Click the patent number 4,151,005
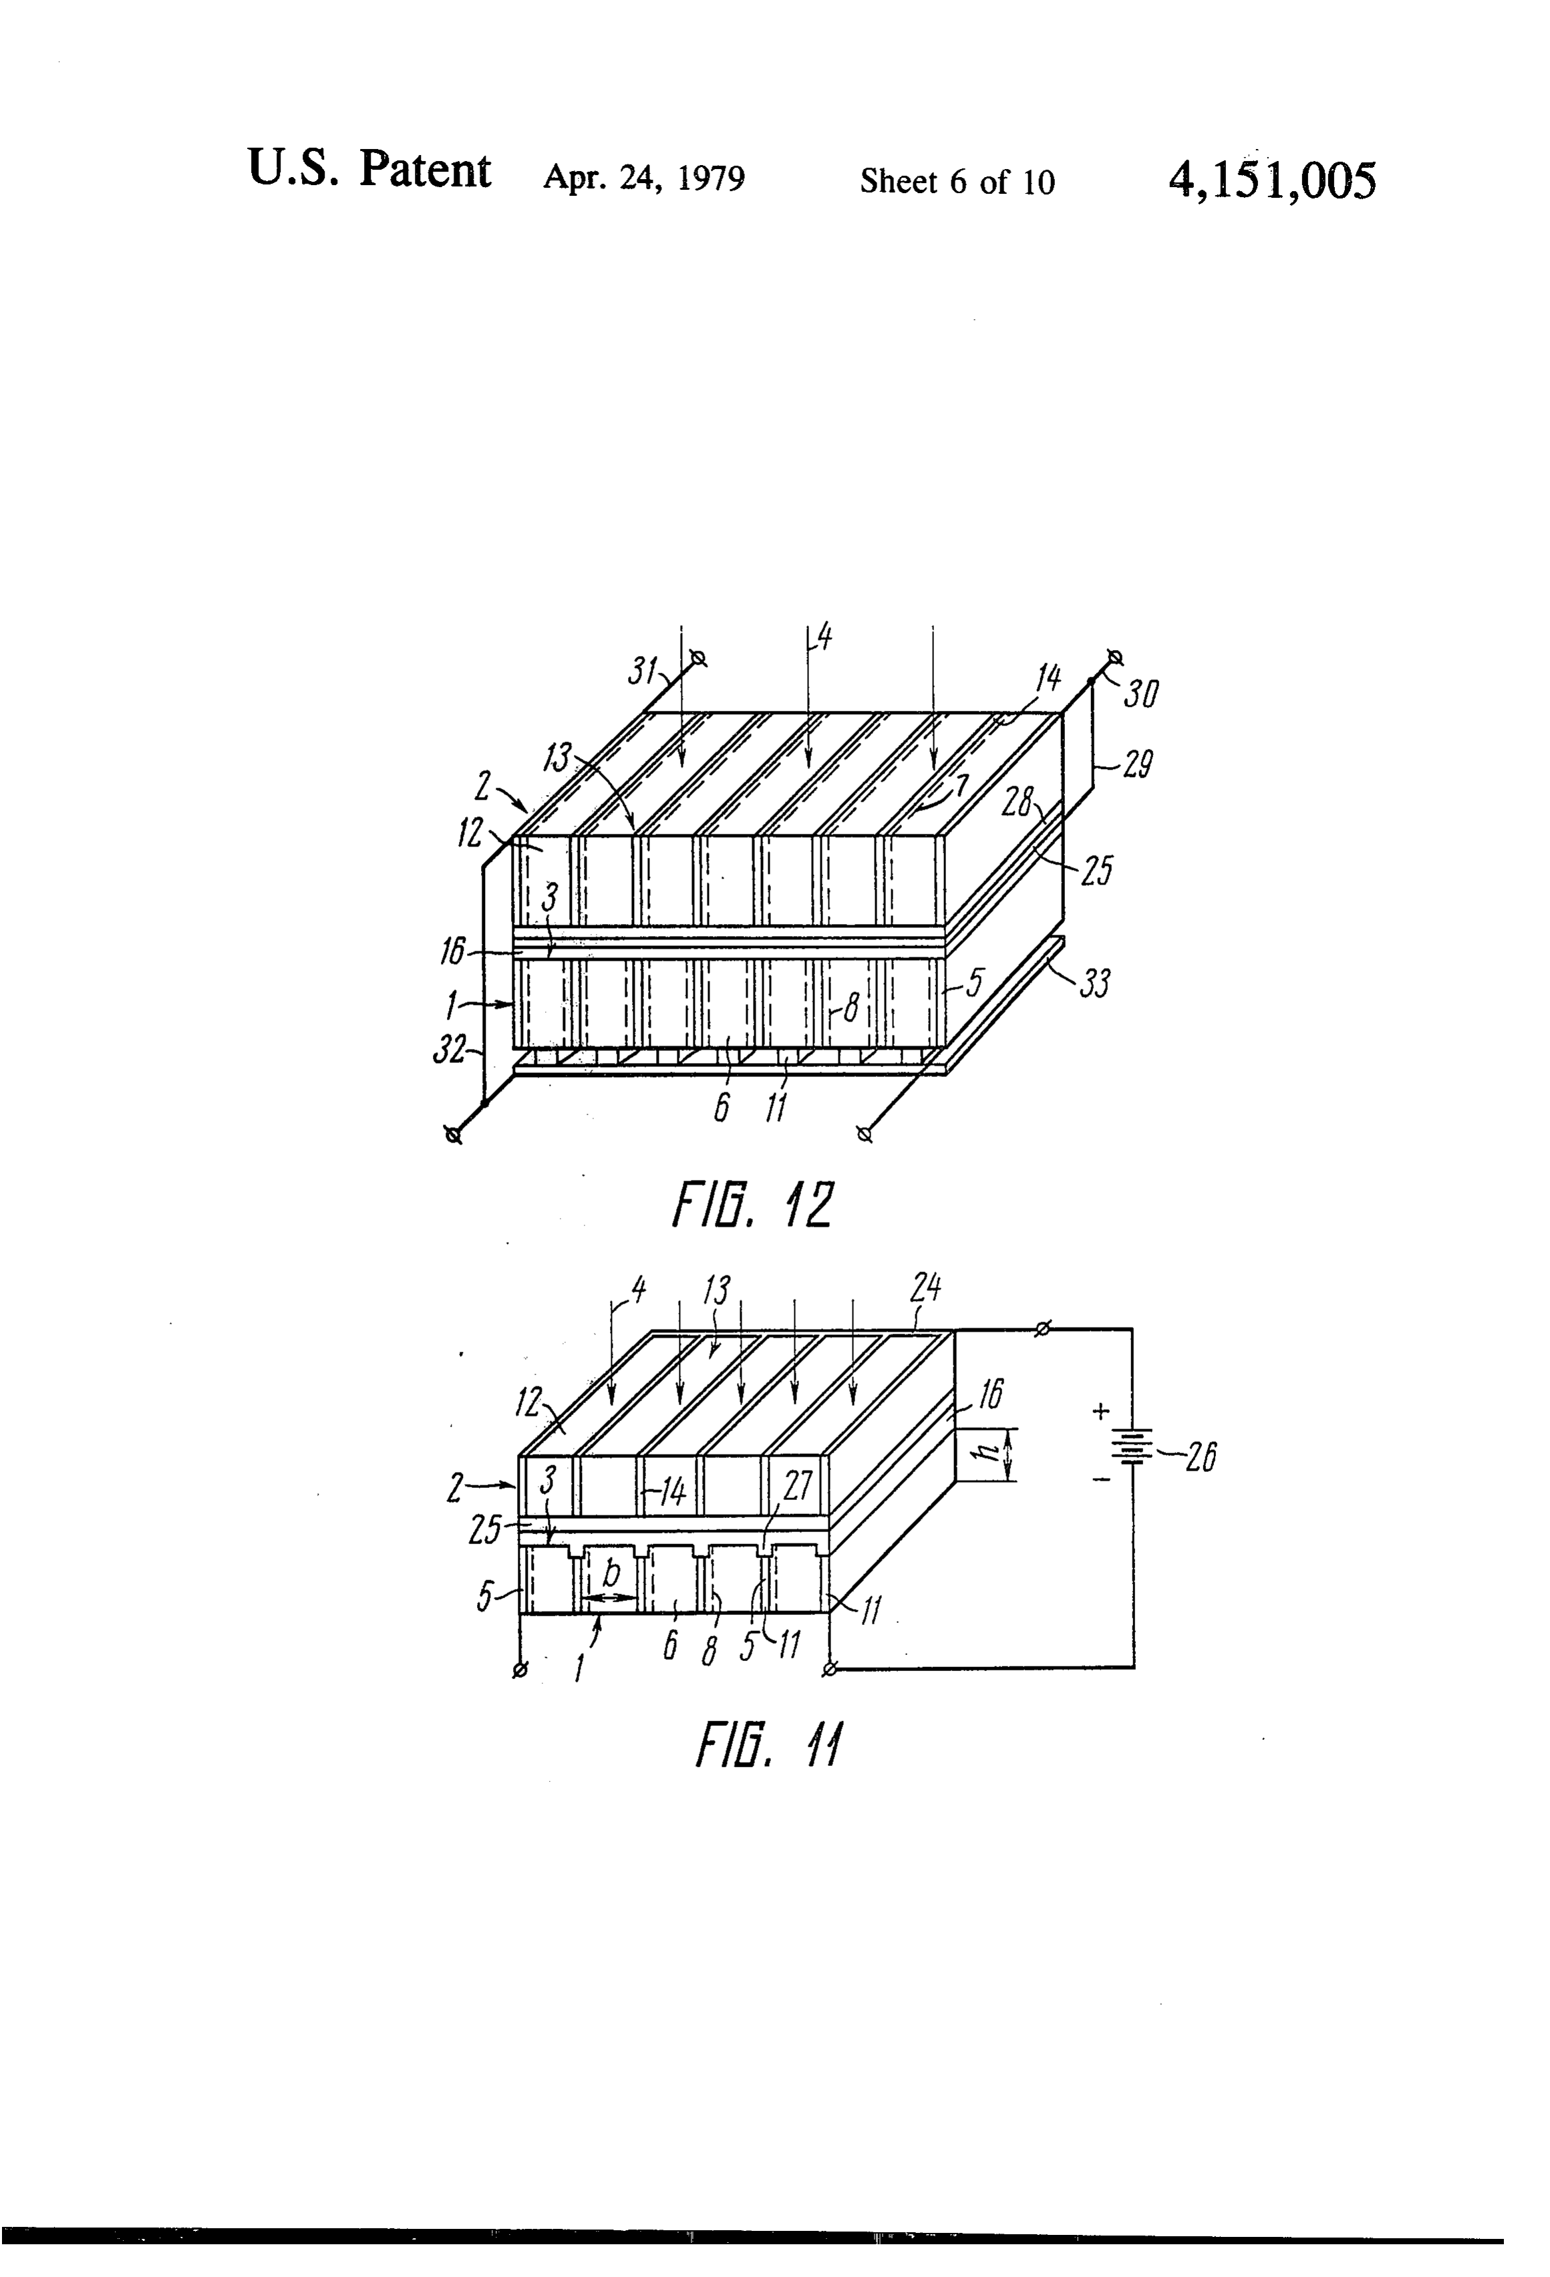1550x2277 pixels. pyautogui.click(x=1272, y=181)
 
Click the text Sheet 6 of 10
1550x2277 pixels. pyautogui.click(x=957, y=182)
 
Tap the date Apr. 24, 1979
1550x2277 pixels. pyautogui.click(x=643, y=178)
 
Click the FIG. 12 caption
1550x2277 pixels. pyautogui.click(x=752, y=1205)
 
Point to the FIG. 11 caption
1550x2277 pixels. pyautogui.click(x=769, y=1745)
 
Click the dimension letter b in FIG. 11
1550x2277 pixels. pyautogui.click(x=611, y=1573)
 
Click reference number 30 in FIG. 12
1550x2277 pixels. pyautogui.click(x=1140, y=694)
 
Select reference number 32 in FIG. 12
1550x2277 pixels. pyautogui.click(x=449, y=1050)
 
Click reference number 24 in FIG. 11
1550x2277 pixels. pyautogui.click(x=926, y=1289)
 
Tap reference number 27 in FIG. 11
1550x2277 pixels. pyautogui.click(x=798, y=1487)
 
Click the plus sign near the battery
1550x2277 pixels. pyautogui.click(x=1101, y=1412)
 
